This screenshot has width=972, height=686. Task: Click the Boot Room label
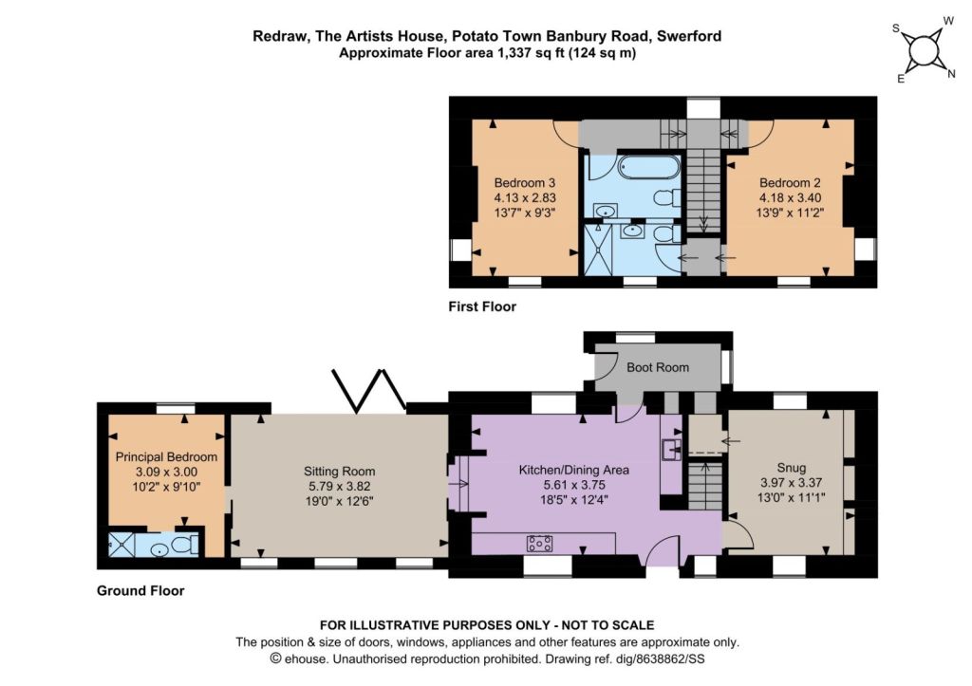coord(658,367)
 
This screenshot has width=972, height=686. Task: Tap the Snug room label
coord(791,468)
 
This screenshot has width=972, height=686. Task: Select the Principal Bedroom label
coord(166,457)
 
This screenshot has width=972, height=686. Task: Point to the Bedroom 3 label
coord(524,183)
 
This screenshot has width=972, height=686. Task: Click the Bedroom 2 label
coord(790,183)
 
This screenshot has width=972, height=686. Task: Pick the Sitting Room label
coord(339,472)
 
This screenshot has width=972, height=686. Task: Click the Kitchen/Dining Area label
coord(573,471)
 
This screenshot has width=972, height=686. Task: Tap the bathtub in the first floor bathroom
coord(649,167)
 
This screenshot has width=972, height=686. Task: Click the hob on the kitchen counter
coord(540,544)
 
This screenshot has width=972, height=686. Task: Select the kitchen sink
coord(671,449)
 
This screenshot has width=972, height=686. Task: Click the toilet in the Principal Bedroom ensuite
coord(183,545)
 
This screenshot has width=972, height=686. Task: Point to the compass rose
coord(924,49)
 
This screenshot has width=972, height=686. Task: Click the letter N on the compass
coord(951,75)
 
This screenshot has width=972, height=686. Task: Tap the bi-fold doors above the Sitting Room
coord(369,391)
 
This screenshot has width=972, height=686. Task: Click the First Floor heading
coord(482,306)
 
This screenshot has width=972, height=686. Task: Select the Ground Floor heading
coord(140,591)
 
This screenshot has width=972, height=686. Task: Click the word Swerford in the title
coord(689,36)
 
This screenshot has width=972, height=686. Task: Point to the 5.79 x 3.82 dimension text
coord(339,487)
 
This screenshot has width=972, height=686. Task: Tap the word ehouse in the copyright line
coord(306,659)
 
